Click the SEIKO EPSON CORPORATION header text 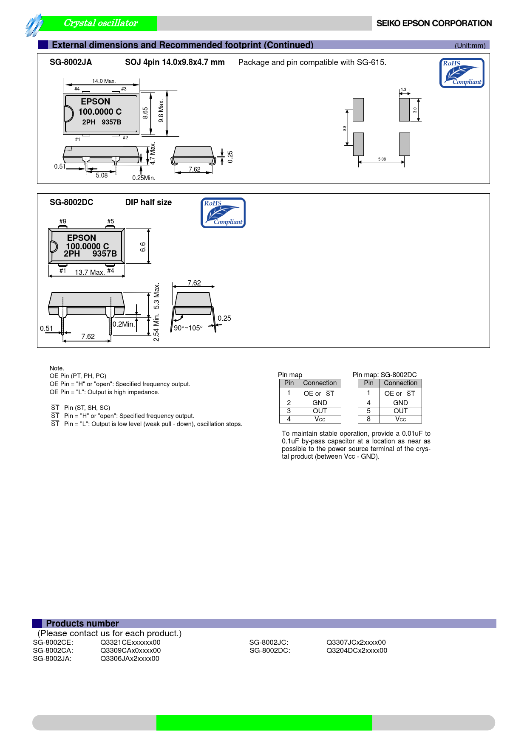(x=434, y=23)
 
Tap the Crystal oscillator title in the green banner (x=101, y=23)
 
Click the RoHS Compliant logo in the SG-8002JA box (x=462, y=73)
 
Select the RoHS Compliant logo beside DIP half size (x=223, y=213)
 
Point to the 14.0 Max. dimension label (x=104, y=81)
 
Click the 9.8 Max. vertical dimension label (x=161, y=111)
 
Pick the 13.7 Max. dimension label (x=90, y=272)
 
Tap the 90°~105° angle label (x=188, y=328)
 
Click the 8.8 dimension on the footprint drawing (x=345, y=128)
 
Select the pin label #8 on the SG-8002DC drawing (x=63, y=221)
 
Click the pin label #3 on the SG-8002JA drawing (x=124, y=89)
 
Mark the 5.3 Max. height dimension (x=156, y=296)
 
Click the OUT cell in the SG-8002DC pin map (x=400, y=411)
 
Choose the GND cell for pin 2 (x=320, y=403)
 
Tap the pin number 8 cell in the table (x=368, y=419)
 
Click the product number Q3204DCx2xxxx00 (x=357, y=650)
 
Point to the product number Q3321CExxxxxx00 (x=130, y=642)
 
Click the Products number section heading (x=82, y=624)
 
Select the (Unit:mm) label (x=470, y=45)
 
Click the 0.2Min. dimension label (x=124, y=324)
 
